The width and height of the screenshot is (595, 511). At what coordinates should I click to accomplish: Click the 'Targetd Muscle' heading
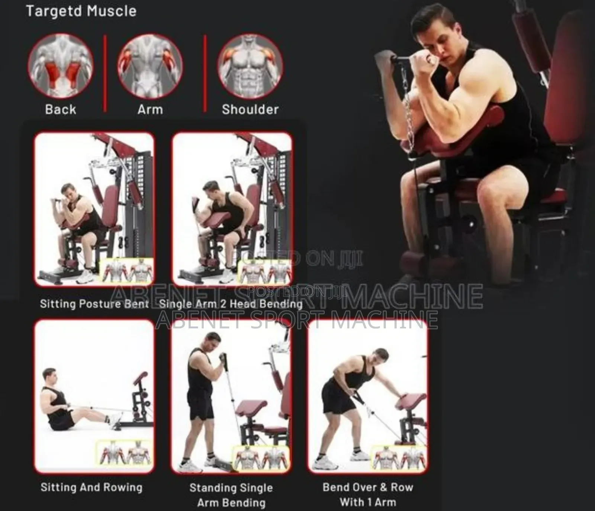(81, 11)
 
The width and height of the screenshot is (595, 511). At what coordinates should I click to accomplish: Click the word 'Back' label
(60, 109)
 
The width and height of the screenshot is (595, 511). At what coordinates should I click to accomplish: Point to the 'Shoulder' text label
(250, 109)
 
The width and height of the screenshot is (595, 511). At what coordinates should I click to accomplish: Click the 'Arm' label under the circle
(150, 109)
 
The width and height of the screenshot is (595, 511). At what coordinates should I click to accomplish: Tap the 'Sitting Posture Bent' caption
(94, 304)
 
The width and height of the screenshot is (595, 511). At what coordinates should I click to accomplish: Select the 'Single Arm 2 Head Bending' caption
(231, 304)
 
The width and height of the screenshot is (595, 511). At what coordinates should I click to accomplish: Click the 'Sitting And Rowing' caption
(91, 487)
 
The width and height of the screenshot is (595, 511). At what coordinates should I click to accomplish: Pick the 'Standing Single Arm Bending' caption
(231, 495)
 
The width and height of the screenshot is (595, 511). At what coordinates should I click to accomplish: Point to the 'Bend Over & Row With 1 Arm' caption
(368, 494)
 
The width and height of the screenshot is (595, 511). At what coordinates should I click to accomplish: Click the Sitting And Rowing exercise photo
(94, 396)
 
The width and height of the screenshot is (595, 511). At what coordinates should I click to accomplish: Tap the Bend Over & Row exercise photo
(368, 396)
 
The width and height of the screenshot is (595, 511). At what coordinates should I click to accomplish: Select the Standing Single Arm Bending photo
(231, 396)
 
